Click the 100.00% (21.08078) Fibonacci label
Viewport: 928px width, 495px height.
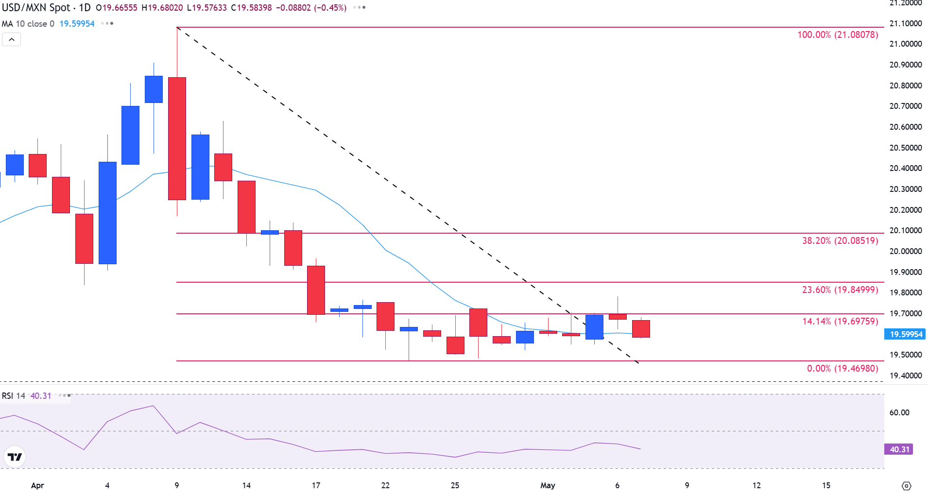pos(838,35)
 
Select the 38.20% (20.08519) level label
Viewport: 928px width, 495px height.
pos(840,241)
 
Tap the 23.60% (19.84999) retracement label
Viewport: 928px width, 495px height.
pos(840,290)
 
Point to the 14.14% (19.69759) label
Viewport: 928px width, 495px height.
pos(840,322)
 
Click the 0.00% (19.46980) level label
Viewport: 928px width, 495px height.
pos(842,369)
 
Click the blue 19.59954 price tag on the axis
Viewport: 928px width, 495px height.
pos(905,334)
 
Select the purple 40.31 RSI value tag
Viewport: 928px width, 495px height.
pos(899,449)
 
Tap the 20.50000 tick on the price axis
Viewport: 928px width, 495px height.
pos(905,148)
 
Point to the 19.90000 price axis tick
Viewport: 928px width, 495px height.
pos(905,272)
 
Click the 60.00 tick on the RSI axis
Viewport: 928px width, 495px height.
pos(899,412)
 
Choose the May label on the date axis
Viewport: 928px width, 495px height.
pos(548,485)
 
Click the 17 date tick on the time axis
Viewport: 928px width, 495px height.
pos(316,485)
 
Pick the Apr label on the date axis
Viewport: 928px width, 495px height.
pos(37,485)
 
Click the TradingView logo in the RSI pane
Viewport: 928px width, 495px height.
pos(15,457)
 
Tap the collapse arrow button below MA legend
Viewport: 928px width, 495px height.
pos(12,39)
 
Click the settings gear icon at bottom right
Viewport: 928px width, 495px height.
pos(906,486)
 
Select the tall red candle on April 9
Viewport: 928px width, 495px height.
pos(177,138)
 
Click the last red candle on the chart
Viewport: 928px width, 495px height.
pos(641,329)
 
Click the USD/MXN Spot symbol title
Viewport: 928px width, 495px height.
pos(36,8)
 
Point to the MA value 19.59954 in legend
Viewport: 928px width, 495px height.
pos(77,24)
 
